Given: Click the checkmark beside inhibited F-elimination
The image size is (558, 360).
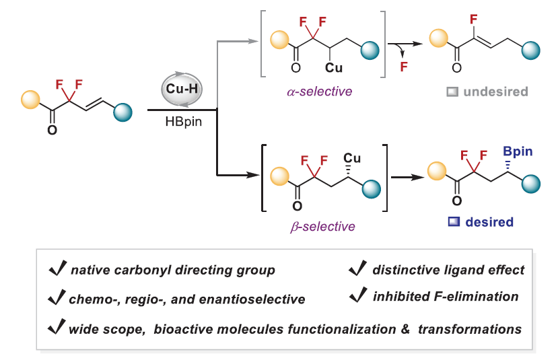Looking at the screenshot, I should coord(355,295).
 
